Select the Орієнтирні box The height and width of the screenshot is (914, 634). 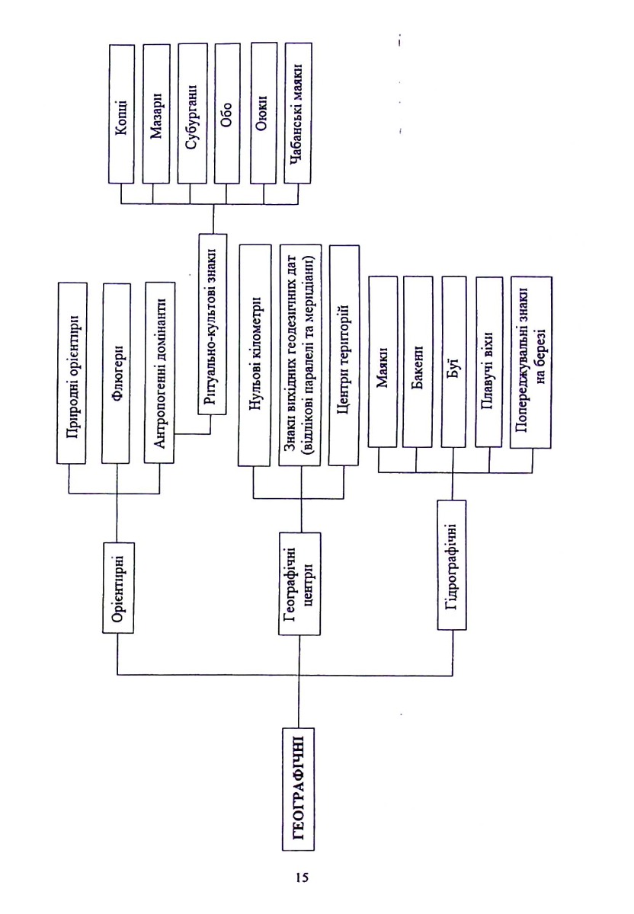[x=118, y=587]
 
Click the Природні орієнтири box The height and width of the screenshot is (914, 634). [x=72, y=372]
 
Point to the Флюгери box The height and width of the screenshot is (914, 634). [x=116, y=373]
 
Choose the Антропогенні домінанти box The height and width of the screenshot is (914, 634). [x=159, y=372]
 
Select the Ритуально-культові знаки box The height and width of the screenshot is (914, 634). [x=213, y=324]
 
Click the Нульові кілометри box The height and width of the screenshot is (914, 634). [x=255, y=356]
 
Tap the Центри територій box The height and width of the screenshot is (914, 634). [x=344, y=356]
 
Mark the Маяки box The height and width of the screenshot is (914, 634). [x=383, y=362]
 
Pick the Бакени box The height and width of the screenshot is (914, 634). [x=418, y=362]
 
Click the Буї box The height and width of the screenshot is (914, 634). [x=453, y=362]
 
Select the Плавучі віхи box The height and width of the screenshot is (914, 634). [x=488, y=363]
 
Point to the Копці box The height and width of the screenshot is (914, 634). [x=122, y=113]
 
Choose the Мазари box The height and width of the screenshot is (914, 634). [x=156, y=113]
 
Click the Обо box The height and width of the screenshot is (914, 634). [x=227, y=113]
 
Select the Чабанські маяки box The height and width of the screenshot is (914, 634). [x=298, y=113]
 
